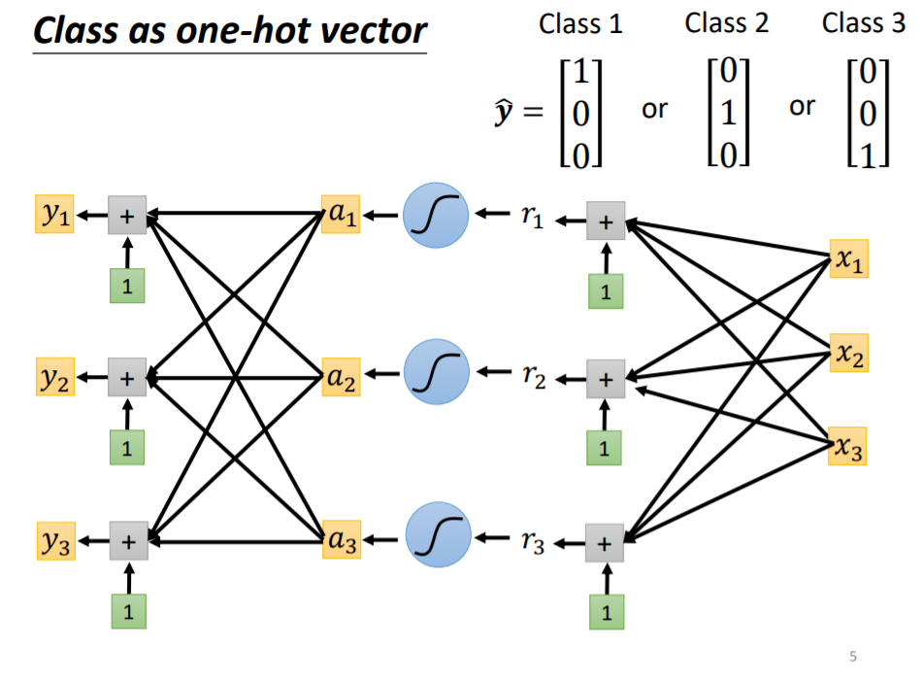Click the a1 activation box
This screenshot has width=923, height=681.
click(340, 216)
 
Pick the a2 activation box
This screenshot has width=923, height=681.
click(340, 377)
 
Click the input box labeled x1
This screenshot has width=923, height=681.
click(848, 259)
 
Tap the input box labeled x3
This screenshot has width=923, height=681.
click(848, 447)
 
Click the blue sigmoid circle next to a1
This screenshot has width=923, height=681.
click(436, 215)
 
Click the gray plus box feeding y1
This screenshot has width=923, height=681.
click(126, 216)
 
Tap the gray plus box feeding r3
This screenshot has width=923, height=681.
click(606, 542)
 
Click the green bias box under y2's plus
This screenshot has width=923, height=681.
click(126, 448)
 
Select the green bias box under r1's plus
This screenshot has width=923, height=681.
click(606, 292)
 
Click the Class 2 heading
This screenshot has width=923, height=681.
click(726, 23)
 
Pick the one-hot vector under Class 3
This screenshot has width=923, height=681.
click(868, 115)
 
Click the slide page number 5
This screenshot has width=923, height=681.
click(853, 657)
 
